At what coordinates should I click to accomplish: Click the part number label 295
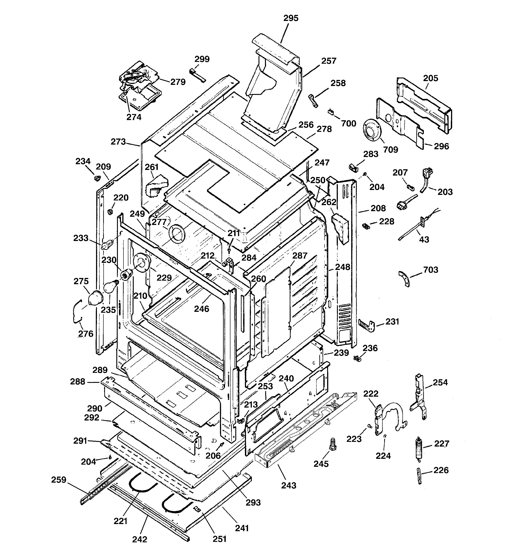click(x=291, y=18)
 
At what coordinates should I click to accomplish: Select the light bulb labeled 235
click(x=110, y=287)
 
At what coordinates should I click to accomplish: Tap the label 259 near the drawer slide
click(x=59, y=480)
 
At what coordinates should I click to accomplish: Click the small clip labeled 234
click(x=97, y=178)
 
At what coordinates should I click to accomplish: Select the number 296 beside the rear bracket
click(x=441, y=146)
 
